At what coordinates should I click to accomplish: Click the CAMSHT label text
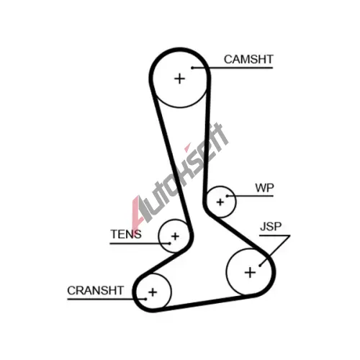[248, 59]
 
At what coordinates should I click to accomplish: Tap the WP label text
[264, 188]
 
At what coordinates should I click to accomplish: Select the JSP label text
[271, 226]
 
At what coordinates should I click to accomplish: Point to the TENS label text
[126, 234]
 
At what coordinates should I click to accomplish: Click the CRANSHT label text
[95, 290]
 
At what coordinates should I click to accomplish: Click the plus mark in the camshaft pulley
[179, 78]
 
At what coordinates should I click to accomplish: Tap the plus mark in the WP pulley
[220, 202]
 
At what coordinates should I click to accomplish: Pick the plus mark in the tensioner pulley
[175, 236]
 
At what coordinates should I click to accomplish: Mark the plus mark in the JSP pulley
[250, 273]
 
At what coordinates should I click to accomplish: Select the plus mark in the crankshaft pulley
[153, 292]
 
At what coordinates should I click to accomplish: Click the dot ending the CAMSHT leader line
[192, 68]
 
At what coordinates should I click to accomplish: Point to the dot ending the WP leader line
[227, 196]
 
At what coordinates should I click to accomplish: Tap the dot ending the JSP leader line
[260, 266]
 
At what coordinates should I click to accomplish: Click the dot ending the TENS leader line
[170, 243]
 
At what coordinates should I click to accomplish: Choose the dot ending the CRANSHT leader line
[145, 299]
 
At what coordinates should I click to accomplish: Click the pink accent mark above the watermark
[187, 148]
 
